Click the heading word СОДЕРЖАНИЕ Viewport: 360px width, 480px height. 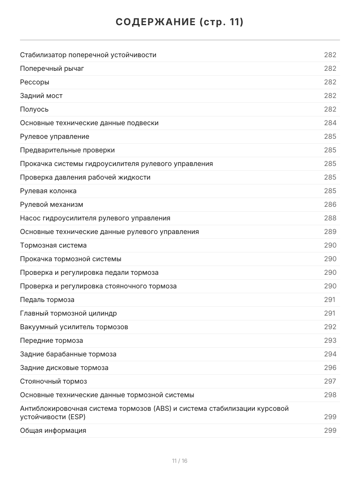pos(155,22)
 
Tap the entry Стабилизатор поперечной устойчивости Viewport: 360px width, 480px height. pos(88,55)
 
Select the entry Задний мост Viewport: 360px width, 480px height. pos(41,96)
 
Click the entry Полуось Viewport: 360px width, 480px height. pos(34,109)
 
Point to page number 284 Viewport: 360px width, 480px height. pos(330,123)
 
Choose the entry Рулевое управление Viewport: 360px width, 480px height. pos(54,136)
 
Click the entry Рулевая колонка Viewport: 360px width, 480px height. pos(48,191)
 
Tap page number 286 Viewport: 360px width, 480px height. pos(330,204)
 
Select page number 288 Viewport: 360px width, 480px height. pos(330,218)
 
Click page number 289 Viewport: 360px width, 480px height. pos(330,232)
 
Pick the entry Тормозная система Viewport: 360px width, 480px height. pos(53,245)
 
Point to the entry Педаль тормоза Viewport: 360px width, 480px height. pos(47,300)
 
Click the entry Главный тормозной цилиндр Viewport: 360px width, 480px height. pos(68,313)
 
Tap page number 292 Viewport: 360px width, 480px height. pos(330,327)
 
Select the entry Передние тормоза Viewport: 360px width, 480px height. pos(52,340)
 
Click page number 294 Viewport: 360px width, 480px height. pos(330,354)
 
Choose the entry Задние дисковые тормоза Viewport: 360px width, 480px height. pos(64,368)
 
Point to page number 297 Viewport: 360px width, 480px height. pos(330,381)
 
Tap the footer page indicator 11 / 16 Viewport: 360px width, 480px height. pos(180,461)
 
